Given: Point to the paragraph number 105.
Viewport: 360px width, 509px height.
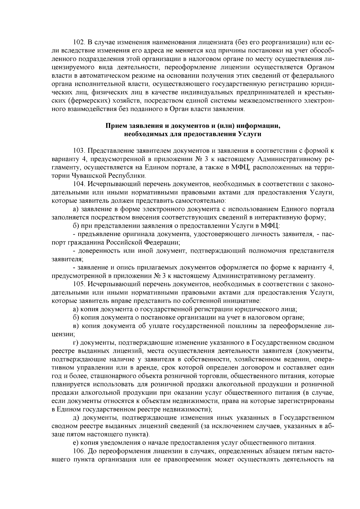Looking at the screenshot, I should click(79, 284).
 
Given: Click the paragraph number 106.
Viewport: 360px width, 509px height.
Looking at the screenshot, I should click(79, 451).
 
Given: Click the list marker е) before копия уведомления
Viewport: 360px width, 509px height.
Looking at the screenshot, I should click(76, 442).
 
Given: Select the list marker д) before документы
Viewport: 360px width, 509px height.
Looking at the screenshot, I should click(76, 418).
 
